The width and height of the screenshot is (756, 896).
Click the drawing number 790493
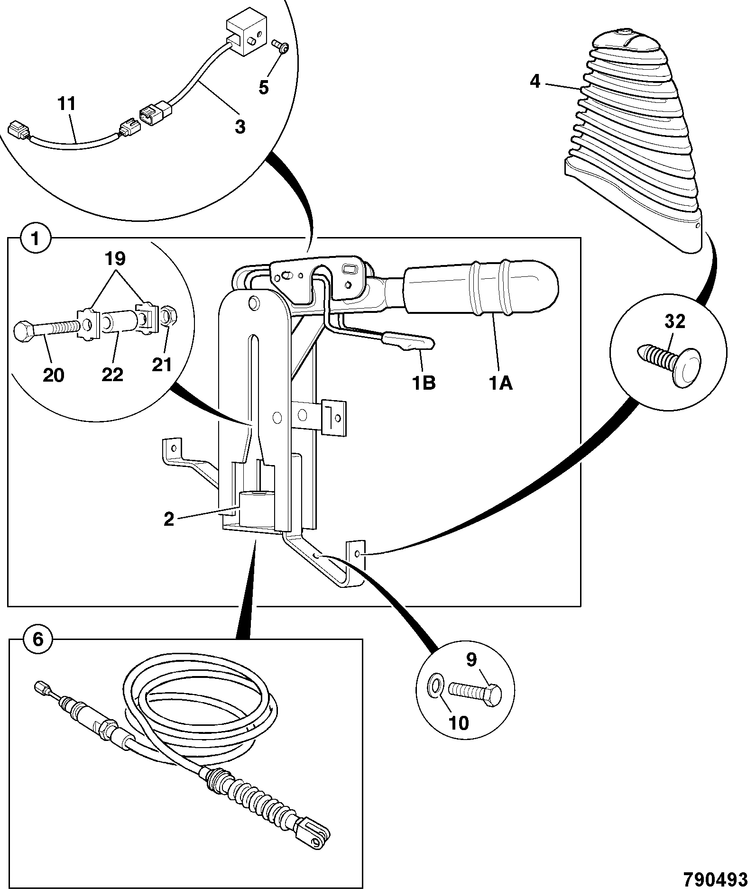[715, 879]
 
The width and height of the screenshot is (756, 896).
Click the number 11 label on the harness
[67, 104]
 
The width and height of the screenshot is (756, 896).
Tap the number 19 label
[115, 259]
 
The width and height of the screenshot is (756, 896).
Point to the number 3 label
[240, 127]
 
